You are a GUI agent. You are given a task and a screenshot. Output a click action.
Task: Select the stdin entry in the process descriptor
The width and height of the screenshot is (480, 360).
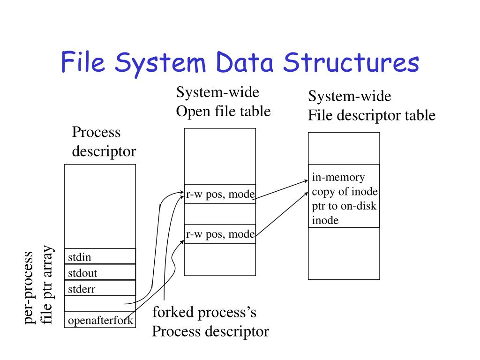99,256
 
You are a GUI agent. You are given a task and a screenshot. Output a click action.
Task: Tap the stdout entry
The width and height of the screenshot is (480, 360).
99,272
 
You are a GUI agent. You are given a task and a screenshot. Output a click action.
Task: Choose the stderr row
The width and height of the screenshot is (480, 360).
99,289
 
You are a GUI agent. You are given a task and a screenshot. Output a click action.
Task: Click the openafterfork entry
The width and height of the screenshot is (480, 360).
99,321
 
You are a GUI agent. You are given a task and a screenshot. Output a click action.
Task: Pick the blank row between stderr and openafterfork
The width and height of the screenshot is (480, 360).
99,304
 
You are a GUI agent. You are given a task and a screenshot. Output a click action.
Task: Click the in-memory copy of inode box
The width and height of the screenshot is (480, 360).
344,196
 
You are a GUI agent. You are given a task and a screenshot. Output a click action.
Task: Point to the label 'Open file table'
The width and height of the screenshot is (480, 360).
223,112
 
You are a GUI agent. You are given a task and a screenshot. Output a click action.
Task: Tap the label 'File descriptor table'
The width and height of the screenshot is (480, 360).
371,115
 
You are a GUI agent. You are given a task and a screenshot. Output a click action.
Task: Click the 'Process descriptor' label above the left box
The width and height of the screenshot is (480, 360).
104,142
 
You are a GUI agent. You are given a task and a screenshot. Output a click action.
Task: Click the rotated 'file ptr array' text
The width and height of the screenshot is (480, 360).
47,287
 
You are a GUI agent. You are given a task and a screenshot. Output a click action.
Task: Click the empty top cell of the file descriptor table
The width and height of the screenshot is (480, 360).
344,148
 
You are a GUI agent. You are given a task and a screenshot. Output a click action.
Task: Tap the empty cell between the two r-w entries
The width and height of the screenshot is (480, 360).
220,214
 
